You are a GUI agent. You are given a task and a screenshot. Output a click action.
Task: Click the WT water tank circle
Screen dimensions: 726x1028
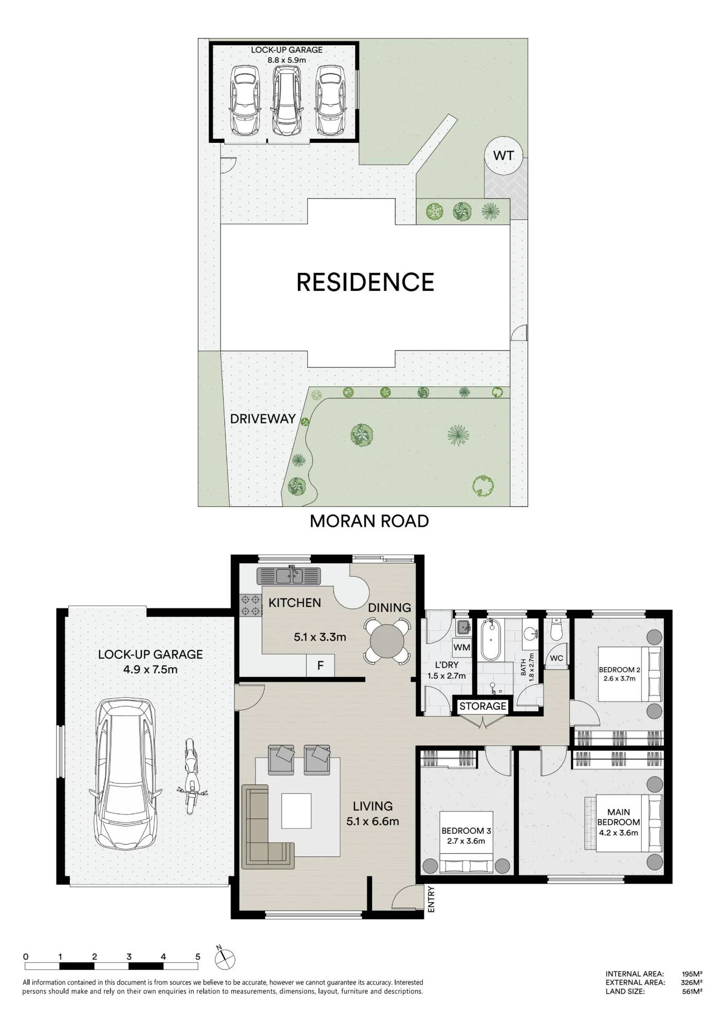pyautogui.click(x=504, y=155)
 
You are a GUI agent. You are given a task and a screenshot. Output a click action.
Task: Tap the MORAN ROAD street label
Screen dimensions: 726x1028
pyautogui.click(x=369, y=521)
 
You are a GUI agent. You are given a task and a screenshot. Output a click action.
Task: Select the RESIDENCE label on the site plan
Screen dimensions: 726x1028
pyautogui.click(x=365, y=282)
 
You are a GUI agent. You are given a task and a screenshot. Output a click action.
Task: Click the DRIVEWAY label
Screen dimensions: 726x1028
pyautogui.click(x=263, y=419)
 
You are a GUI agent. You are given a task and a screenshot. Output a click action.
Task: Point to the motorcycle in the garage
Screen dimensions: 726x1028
pyautogui.click(x=192, y=776)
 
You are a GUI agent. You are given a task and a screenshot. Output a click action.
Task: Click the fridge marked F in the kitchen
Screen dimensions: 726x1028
pyautogui.click(x=320, y=666)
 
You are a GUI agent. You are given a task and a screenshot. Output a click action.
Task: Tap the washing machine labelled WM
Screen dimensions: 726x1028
pyautogui.click(x=461, y=648)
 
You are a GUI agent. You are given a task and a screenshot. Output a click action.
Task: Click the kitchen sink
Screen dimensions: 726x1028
pyautogui.click(x=289, y=576)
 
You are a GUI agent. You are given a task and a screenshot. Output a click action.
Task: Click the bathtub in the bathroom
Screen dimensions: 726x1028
pyautogui.click(x=491, y=640)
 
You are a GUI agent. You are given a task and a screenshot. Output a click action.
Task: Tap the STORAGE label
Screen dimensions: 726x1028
pyautogui.click(x=482, y=706)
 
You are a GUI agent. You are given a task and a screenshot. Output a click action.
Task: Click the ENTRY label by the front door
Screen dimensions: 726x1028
pyautogui.click(x=431, y=899)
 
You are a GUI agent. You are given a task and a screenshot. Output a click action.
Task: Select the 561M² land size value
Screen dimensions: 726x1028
pyautogui.click(x=692, y=992)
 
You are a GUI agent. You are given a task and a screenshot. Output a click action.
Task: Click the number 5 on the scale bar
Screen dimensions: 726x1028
pyautogui.click(x=198, y=957)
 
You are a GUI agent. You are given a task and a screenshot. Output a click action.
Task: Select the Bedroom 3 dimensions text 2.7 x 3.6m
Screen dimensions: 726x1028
pyautogui.click(x=466, y=841)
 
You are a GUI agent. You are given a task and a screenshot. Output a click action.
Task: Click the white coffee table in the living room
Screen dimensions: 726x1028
pyautogui.click(x=296, y=811)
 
